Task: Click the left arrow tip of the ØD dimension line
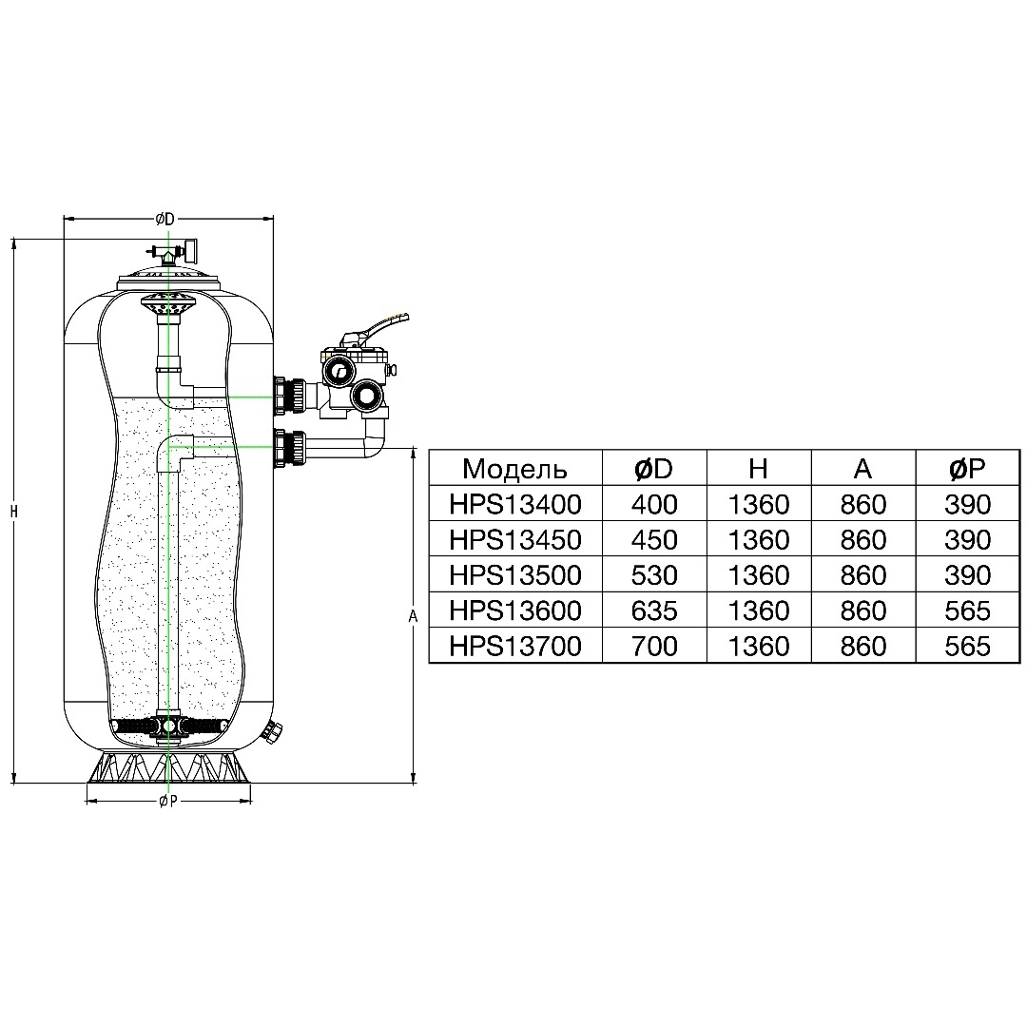click(65, 219)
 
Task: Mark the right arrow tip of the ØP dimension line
click(251, 800)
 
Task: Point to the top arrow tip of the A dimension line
click(414, 448)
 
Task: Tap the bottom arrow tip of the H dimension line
click(13, 782)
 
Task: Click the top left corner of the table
click(430, 450)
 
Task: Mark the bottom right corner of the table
click(1019, 663)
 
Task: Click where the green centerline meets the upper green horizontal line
click(168, 397)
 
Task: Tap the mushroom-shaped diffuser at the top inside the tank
click(168, 304)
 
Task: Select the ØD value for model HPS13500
click(654, 575)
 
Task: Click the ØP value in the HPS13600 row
click(967, 610)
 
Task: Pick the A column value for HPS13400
click(863, 504)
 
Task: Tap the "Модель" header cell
click(514, 468)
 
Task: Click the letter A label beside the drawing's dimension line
click(413, 616)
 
